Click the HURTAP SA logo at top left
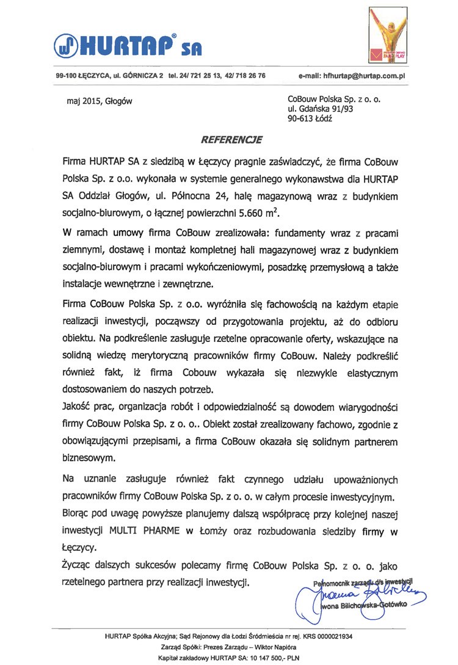[128, 43]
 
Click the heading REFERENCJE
[233, 140]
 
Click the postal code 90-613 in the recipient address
[299, 120]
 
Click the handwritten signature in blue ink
[366, 592]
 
